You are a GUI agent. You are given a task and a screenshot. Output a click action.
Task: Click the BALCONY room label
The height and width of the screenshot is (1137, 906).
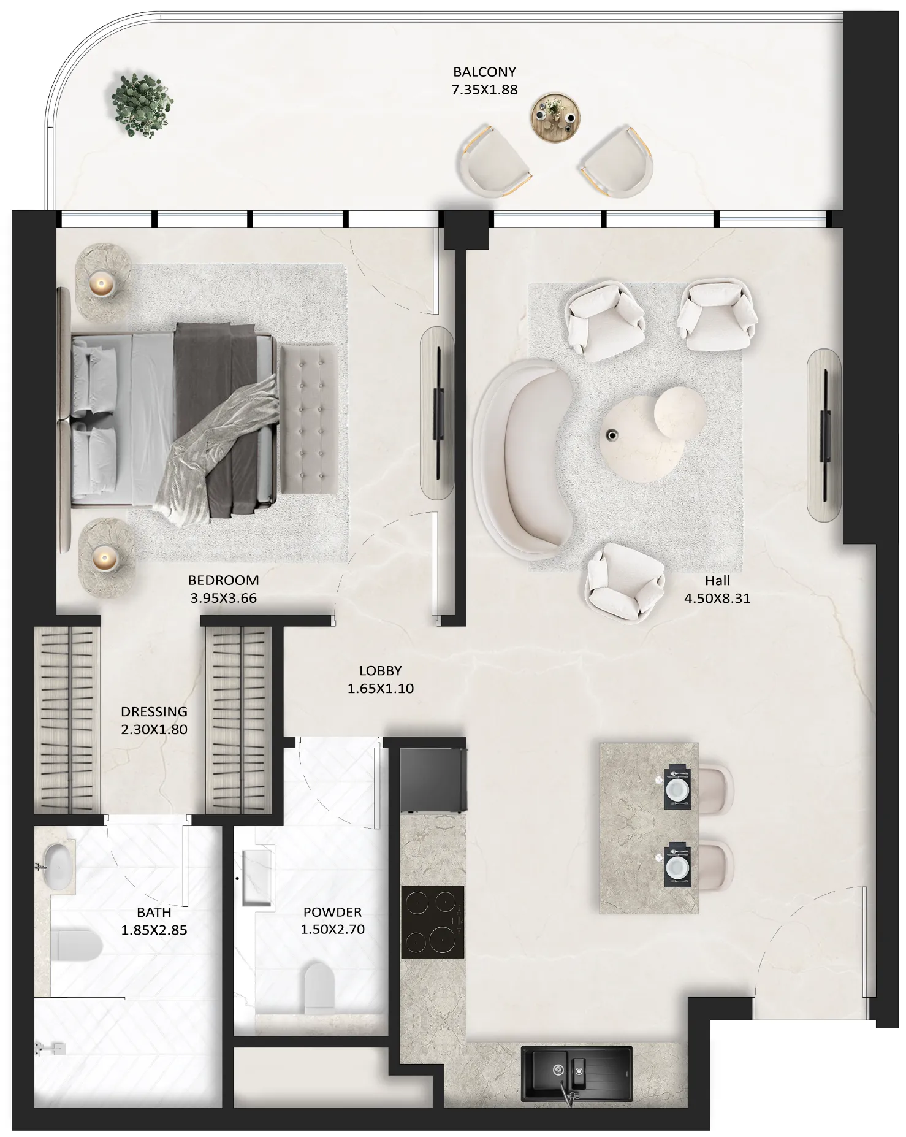(484, 72)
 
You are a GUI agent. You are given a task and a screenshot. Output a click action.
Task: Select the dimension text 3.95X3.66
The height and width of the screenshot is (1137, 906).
(223, 598)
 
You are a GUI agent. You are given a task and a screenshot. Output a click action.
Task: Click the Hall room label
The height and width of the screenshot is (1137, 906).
(717, 580)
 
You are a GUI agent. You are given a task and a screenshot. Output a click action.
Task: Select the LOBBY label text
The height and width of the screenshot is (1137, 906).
(380, 671)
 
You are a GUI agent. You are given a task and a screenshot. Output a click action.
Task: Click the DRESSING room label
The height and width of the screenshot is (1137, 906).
(154, 711)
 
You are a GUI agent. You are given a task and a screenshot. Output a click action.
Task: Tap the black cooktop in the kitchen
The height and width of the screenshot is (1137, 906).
(432, 921)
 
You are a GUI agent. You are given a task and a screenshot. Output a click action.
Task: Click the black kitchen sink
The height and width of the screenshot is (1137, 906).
(576, 1073)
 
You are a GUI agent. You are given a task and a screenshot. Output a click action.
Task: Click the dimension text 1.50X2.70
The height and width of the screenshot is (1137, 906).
(332, 930)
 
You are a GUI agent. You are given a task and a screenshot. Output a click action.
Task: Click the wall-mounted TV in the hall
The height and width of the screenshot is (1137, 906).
(826, 434)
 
